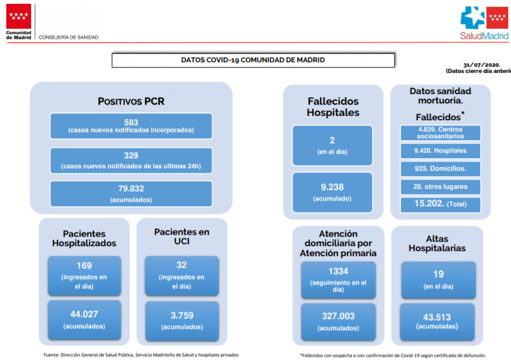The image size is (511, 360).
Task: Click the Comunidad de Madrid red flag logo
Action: click(x=19, y=16)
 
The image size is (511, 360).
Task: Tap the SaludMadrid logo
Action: click(x=484, y=23)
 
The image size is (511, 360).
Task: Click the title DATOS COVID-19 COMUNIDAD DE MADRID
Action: click(x=253, y=60)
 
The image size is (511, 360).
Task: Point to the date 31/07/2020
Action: click(x=482, y=65)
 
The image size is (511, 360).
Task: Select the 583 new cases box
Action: click(x=131, y=126)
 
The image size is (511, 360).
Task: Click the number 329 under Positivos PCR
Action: click(x=131, y=156)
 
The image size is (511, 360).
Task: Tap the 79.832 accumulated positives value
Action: click(x=131, y=189)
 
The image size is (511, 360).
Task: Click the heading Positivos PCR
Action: click(x=131, y=101)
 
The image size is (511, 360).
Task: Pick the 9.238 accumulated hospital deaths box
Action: click(x=332, y=192)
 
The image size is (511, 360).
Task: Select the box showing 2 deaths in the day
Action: click(x=332, y=146)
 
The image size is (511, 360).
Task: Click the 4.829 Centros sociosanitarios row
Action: click(x=440, y=133)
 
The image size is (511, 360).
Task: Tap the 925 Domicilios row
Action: click(x=440, y=169)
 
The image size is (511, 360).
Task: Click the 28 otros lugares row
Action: click(x=440, y=186)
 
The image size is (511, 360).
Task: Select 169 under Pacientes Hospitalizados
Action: click(x=84, y=265)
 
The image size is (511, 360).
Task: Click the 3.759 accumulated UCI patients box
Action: click(x=182, y=321)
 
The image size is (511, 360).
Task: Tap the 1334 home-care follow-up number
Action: click(x=338, y=271)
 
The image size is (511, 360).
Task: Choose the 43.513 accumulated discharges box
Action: click(x=437, y=322)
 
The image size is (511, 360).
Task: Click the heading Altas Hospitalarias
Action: click(x=437, y=244)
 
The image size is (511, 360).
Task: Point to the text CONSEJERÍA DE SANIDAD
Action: click(x=68, y=37)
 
